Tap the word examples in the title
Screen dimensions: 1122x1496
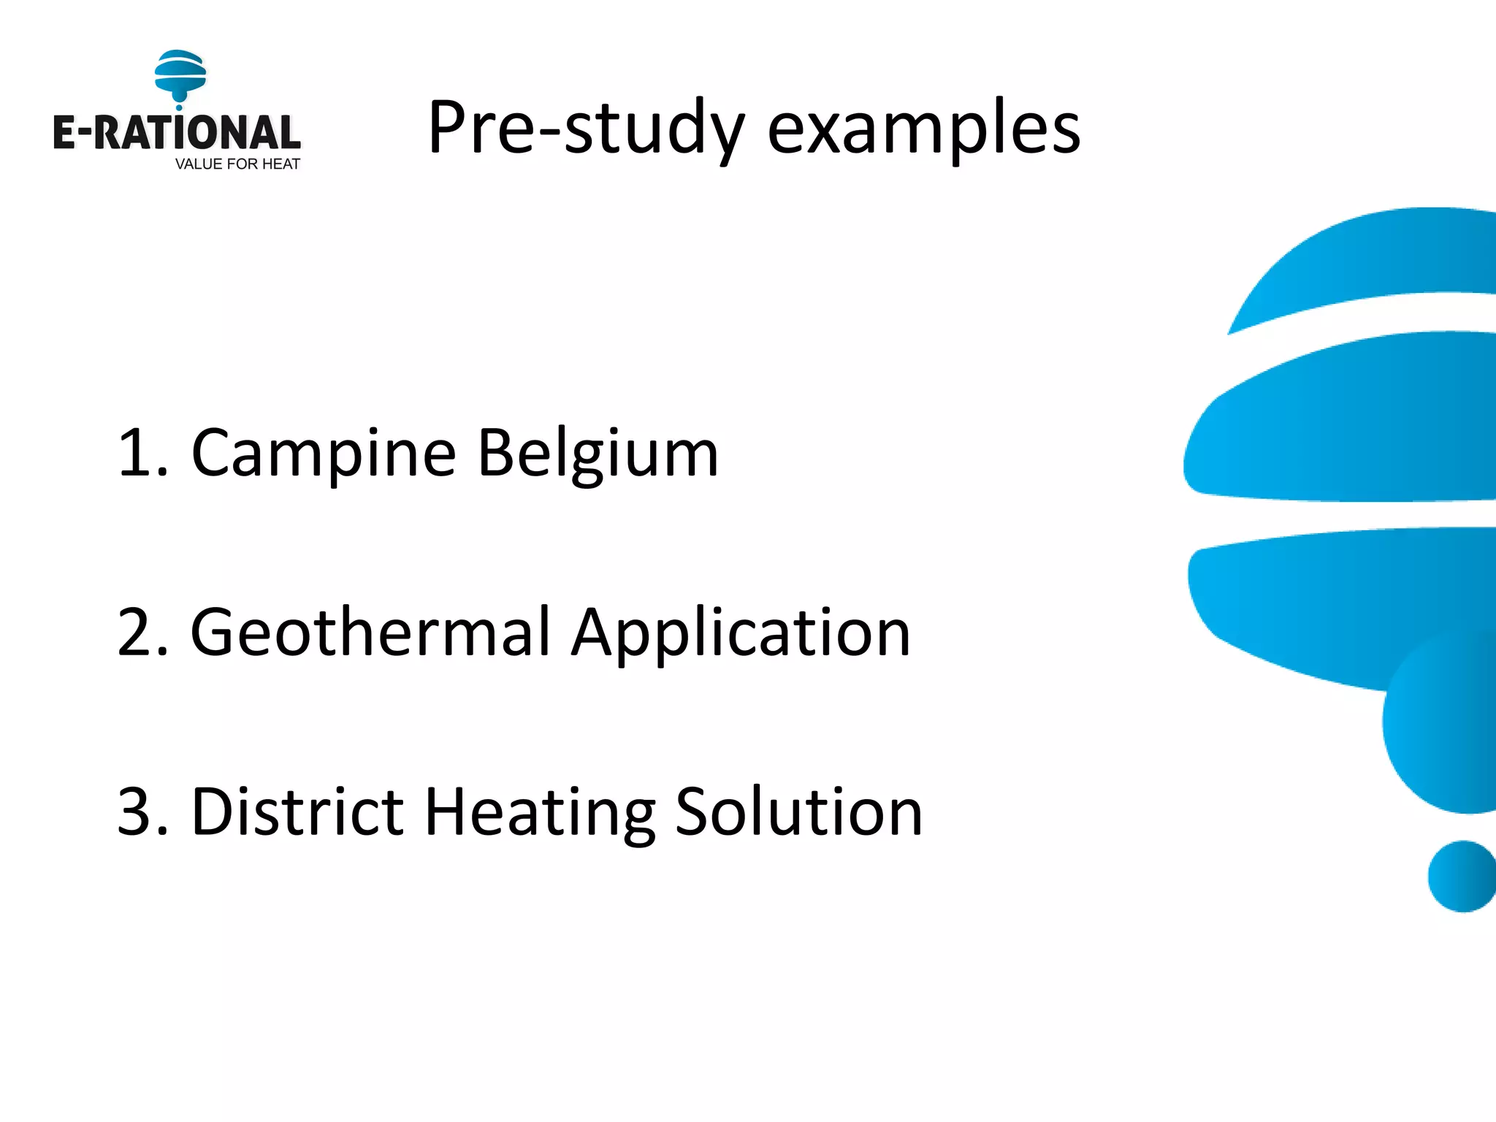(923, 129)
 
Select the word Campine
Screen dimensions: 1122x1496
(324, 454)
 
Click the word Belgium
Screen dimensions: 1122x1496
(598, 454)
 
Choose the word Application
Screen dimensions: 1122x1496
(741, 633)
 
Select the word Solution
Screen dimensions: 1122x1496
(799, 812)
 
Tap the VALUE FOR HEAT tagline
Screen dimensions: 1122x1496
(237, 164)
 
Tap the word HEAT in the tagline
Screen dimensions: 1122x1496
(280, 164)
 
